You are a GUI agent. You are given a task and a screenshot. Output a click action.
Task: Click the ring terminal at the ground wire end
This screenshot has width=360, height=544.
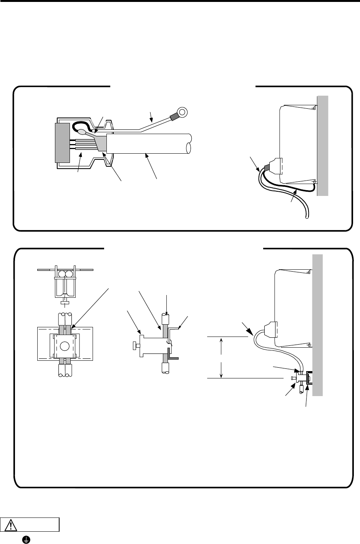pos(182,113)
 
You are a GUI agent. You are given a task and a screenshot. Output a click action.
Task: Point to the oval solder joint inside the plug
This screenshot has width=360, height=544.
pos(82,133)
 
